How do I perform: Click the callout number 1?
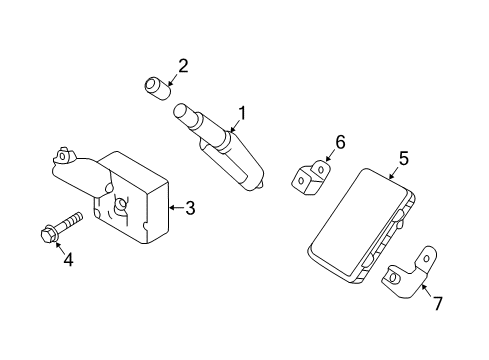241,114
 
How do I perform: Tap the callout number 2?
183,67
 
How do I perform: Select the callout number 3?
190,208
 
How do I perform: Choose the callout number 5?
404,158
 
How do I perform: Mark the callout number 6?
340,142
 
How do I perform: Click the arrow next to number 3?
175,208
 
